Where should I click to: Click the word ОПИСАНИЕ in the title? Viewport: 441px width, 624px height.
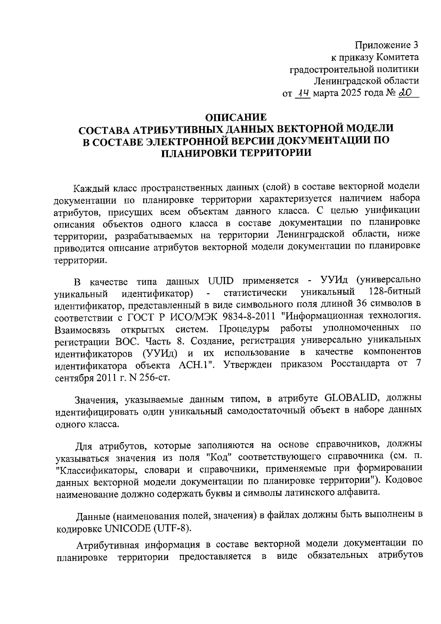click(236, 118)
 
